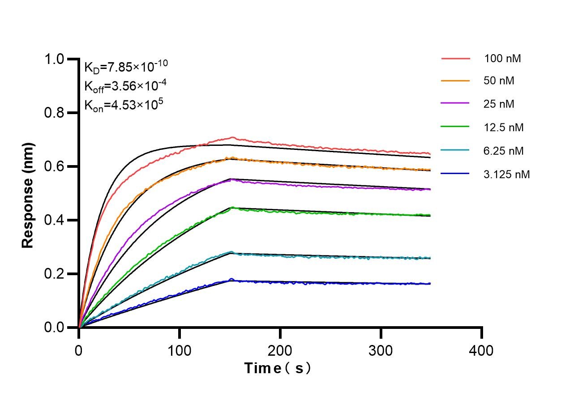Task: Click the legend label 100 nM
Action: (x=502, y=58)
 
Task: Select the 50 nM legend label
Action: (x=499, y=81)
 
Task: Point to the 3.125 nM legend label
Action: (x=507, y=174)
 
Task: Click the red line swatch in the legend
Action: (x=455, y=58)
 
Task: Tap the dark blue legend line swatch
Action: (x=455, y=174)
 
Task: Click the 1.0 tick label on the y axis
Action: (x=58, y=60)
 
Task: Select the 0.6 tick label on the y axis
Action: (x=58, y=167)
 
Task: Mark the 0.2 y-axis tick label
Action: (x=58, y=274)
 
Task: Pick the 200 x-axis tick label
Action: (x=280, y=350)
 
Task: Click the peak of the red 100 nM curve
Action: (x=232, y=137)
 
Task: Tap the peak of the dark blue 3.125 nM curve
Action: (x=231, y=279)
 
